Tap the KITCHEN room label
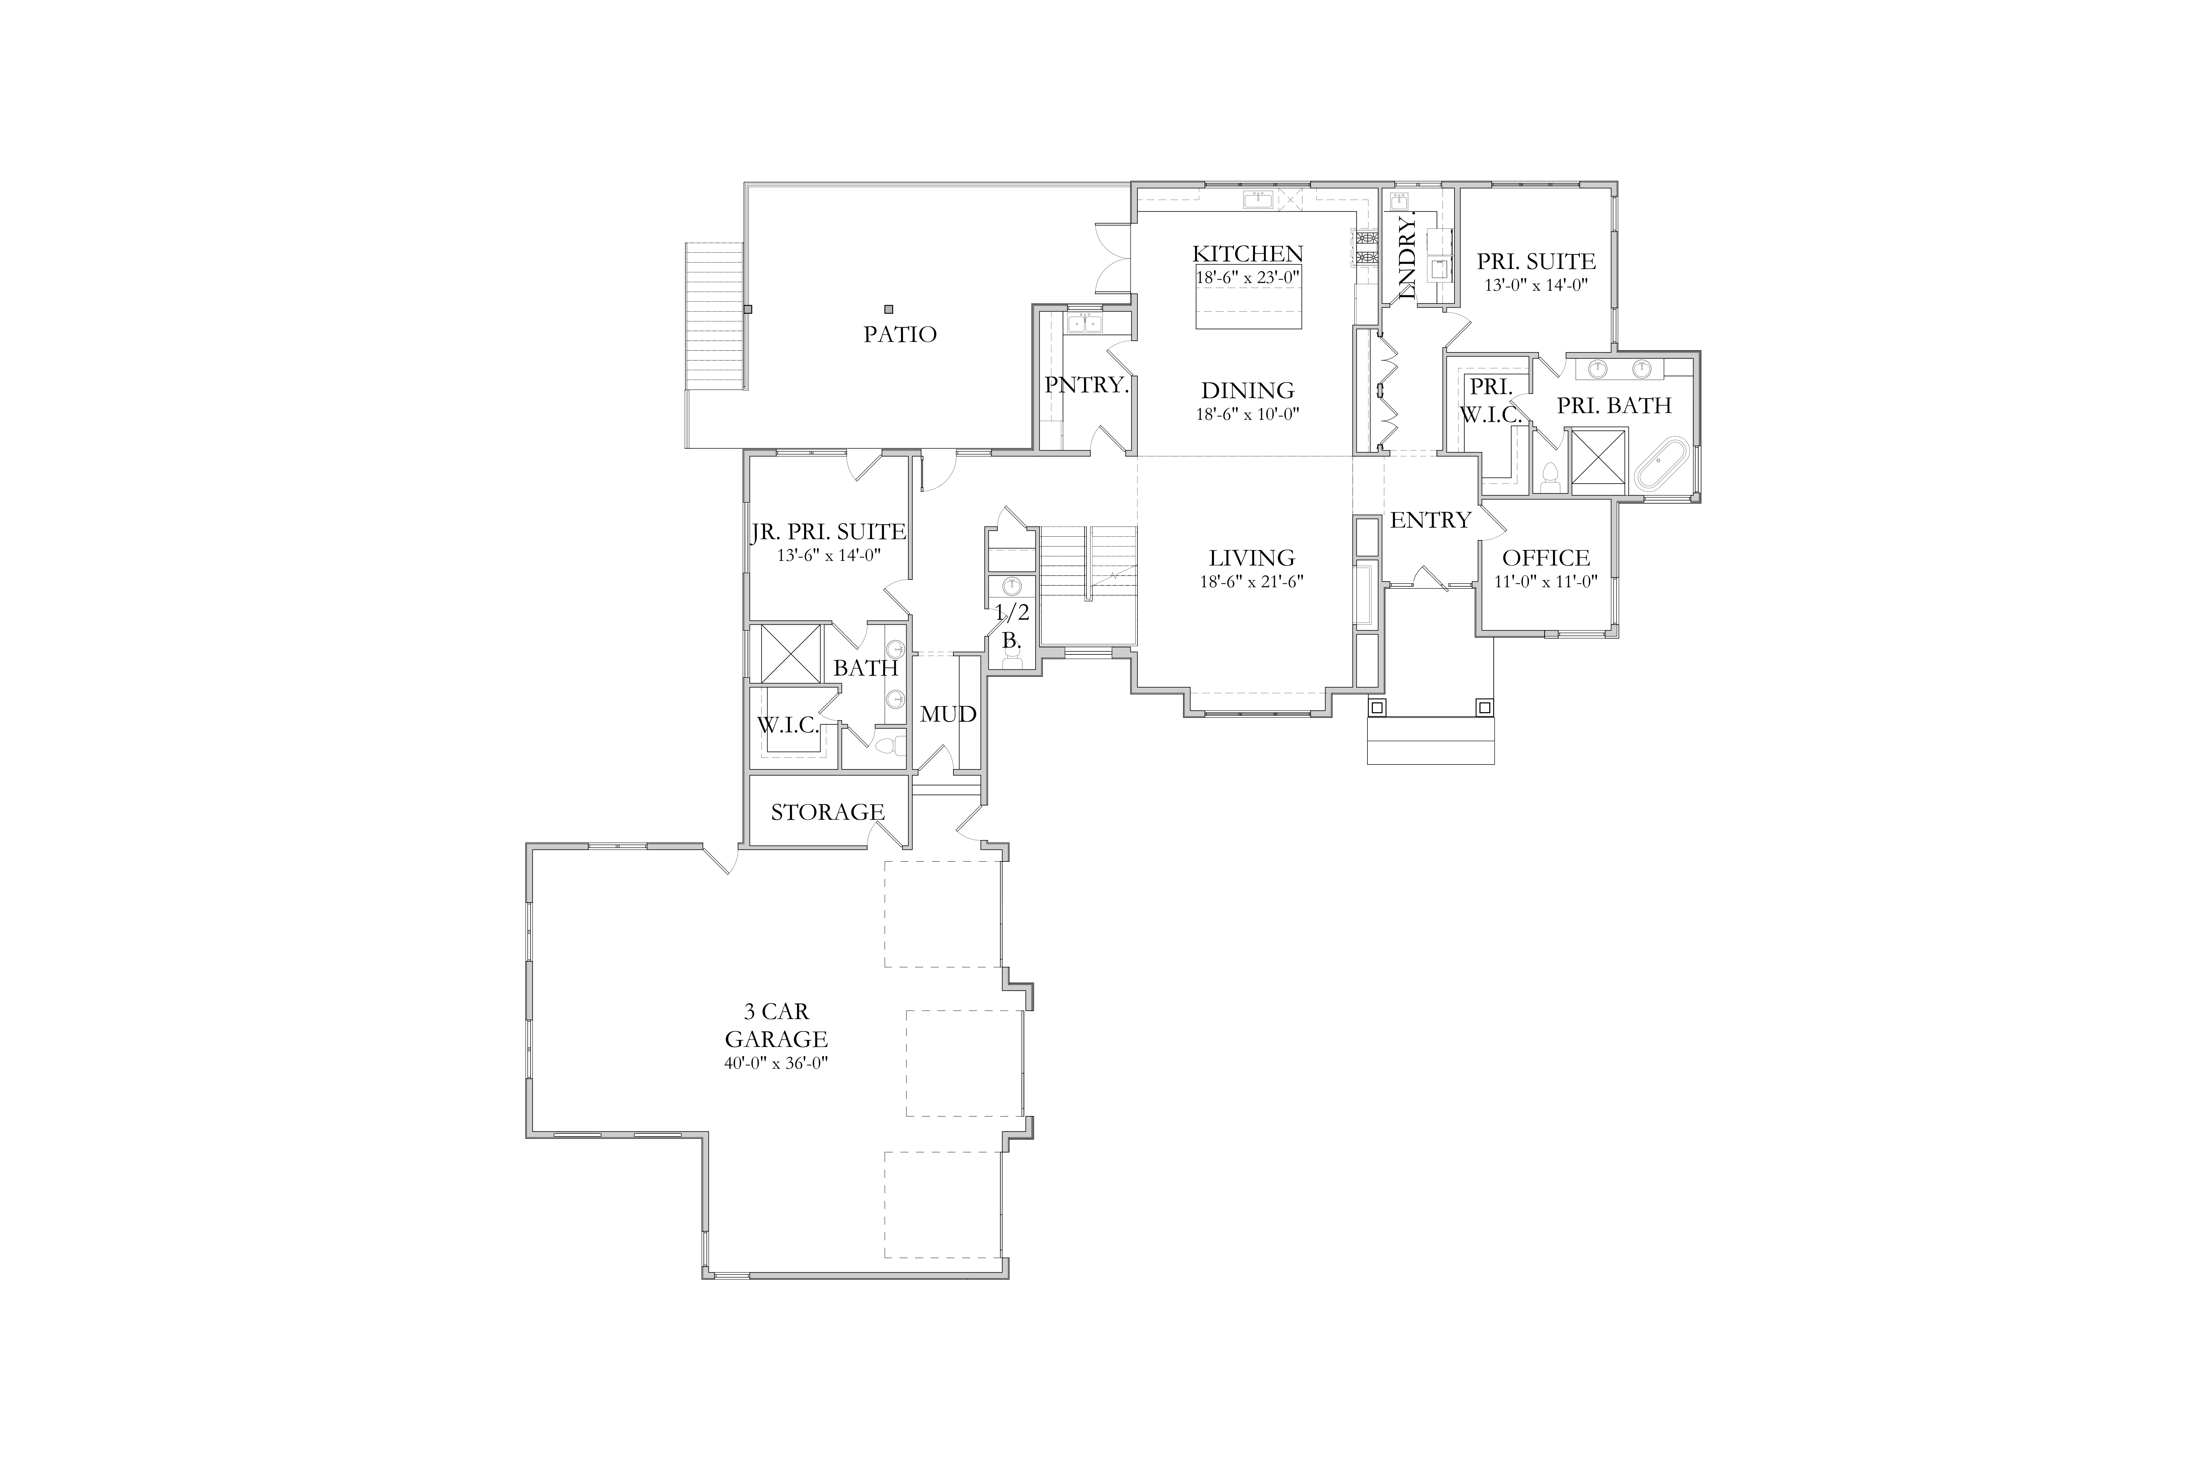pyautogui.click(x=1248, y=254)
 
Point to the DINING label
pyautogui.click(x=1248, y=389)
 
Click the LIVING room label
pyautogui.click(x=1252, y=558)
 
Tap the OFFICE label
pyautogui.click(x=1546, y=558)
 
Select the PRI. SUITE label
pyautogui.click(x=1536, y=261)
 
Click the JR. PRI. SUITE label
pyautogui.click(x=828, y=532)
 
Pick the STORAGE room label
pyautogui.click(x=827, y=812)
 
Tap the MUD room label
pyautogui.click(x=948, y=715)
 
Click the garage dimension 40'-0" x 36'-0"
pyautogui.click(x=776, y=1064)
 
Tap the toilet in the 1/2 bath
pyautogui.click(x=1011, y=660)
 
